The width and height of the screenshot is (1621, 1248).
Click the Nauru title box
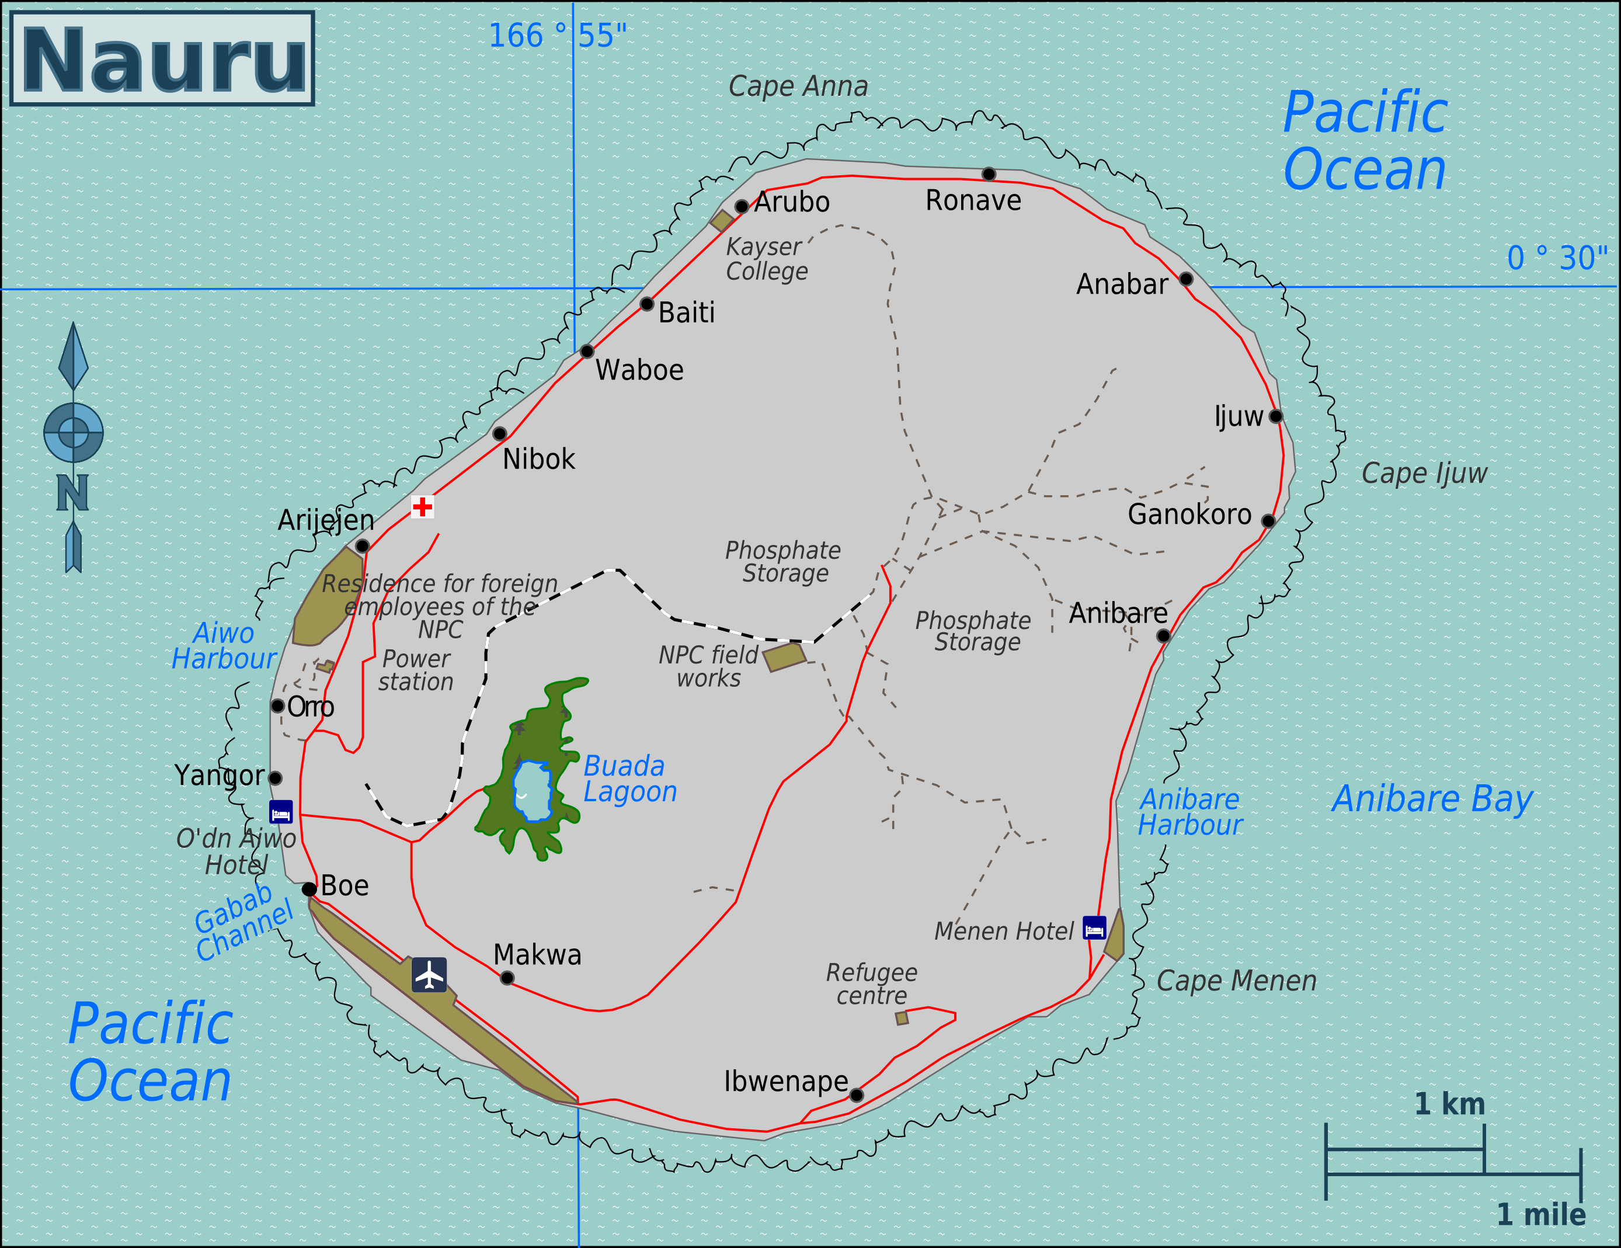tap(162, 58)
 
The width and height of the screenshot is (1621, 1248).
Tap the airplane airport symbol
tap(429, 975)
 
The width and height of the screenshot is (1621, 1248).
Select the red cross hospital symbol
tap(422, 506)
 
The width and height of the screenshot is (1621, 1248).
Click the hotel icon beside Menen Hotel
tap(1094, 928)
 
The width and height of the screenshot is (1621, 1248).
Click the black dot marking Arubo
tap(742, 206)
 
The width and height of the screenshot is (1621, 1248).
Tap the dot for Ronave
tap(989, 173)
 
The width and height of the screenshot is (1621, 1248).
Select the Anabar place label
tap(1122, 284)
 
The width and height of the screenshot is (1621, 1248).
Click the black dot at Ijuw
tap(1275, 416)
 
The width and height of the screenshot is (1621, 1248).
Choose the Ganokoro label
tap(1189, 515)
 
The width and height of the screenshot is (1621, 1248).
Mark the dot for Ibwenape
tap(856, 1095)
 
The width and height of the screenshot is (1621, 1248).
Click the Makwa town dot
tap(507, 978)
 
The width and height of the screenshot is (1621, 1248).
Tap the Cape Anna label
tap(798, 86)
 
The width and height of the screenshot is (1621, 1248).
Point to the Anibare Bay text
tap(1432, 799)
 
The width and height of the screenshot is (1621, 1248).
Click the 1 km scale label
tap(1449, 1104)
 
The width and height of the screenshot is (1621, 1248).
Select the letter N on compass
tap(73, 492)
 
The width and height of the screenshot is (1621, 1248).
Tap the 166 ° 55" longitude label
tap(556, 36)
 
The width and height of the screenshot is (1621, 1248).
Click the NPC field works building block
tap(784, 657)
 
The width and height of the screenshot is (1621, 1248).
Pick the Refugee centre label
tap(871, 983)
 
